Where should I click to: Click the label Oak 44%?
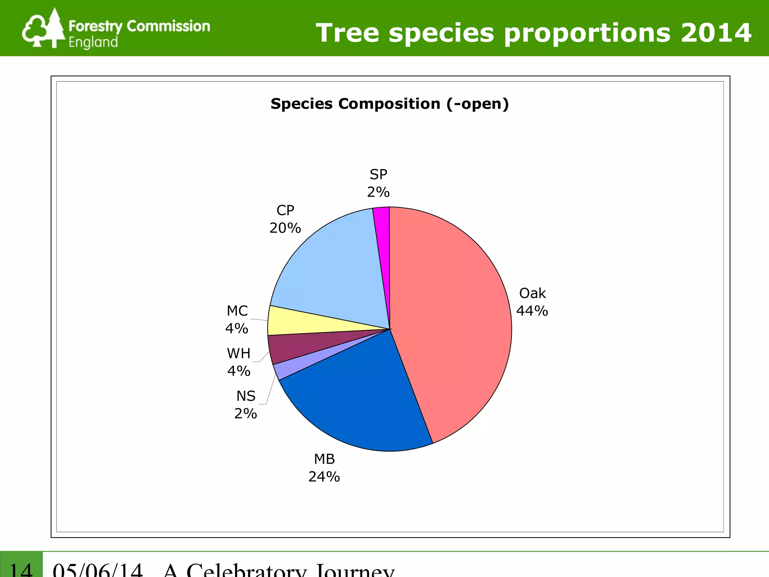tap(532, 302)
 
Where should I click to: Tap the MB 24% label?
tap(324, 468)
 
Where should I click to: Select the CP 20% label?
tap(285, 219)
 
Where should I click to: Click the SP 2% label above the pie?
tap(378, 183)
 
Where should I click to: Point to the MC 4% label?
tap(237, 320)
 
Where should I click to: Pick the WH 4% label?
tap(238, 362)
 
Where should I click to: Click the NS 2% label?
tap(246, 405)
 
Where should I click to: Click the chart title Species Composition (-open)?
tap(389, 104)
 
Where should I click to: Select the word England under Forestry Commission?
tap(93, 42)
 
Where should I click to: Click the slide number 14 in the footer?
tap(21, 569)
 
